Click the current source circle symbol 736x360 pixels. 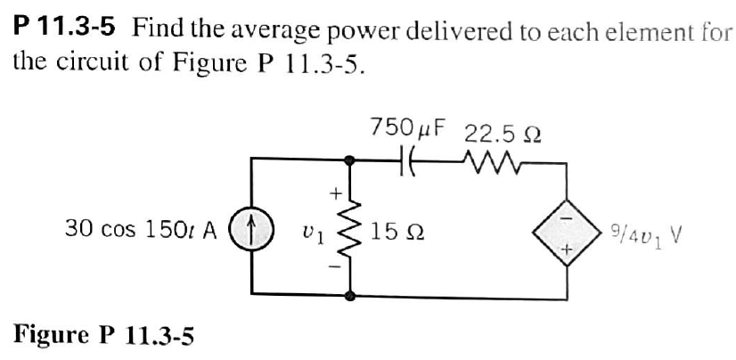tap(252, 228)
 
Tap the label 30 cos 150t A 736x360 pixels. tap(141, 229)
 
